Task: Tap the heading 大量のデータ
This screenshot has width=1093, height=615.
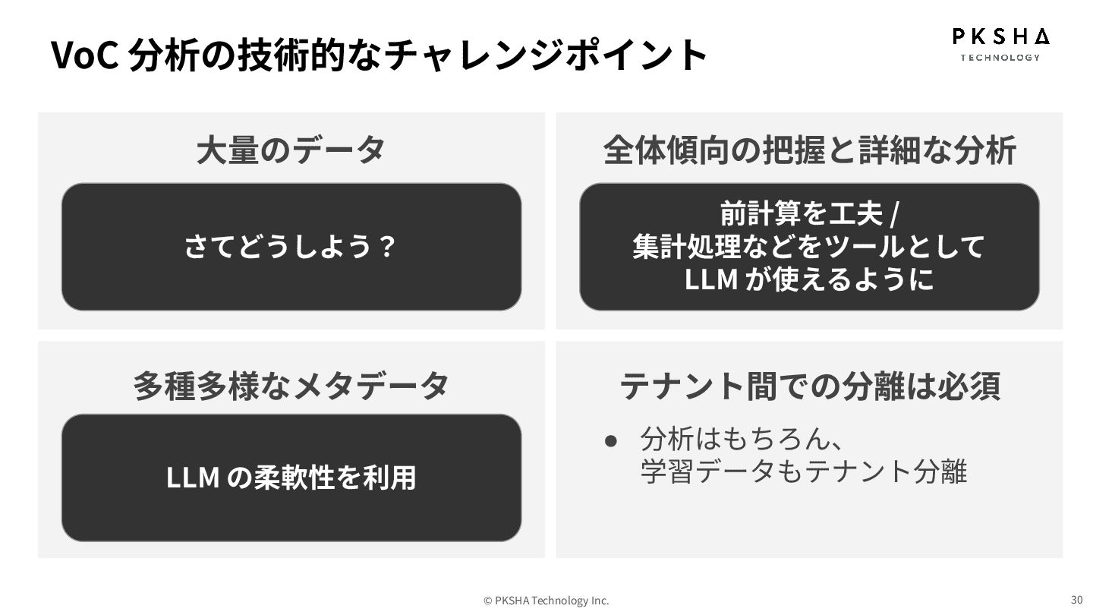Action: (291, 150)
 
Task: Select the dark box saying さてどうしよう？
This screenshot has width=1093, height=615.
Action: (291, 247)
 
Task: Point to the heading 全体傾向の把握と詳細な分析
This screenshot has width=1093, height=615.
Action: (809, 150)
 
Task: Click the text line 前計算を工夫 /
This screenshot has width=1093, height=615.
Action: (809, 214)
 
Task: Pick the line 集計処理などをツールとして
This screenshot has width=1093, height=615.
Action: (809, 247)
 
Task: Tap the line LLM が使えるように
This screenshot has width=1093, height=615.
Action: (809, 279)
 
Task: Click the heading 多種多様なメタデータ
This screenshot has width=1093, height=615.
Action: (291, 385)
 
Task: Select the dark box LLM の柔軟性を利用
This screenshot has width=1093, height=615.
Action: (291, 478)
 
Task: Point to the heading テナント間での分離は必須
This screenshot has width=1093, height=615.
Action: (809, 385)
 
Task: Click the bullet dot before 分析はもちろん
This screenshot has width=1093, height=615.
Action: (609, 440)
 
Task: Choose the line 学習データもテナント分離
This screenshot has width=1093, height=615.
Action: (803, 471)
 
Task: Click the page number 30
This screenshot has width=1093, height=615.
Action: (1076, 599)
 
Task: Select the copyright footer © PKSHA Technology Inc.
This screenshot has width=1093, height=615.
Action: (546, 601)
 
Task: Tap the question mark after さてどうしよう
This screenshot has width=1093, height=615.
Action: (387, 247)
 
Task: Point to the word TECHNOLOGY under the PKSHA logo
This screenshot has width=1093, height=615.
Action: (1000, 57)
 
